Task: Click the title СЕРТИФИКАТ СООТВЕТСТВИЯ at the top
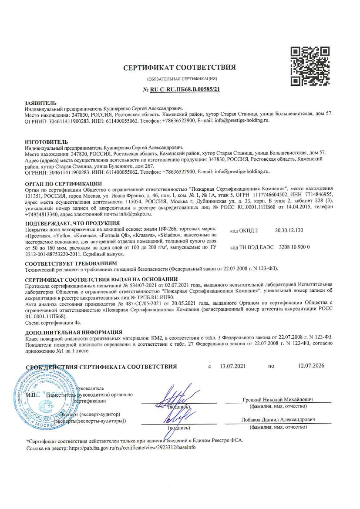179,67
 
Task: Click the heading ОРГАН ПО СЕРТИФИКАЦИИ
64,184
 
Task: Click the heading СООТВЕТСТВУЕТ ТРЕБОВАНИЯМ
71,264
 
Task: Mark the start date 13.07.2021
233,367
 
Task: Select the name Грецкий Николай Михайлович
278,400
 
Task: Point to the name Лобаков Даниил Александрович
278,420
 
